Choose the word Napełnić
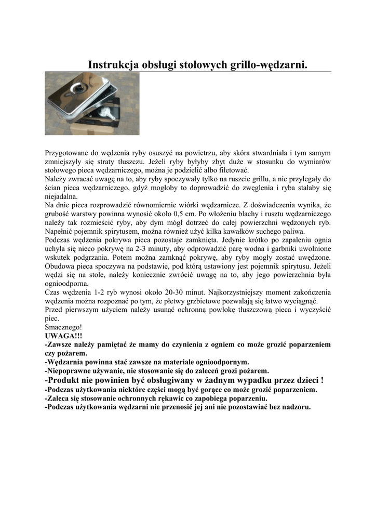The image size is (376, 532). (x=60, y=231)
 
